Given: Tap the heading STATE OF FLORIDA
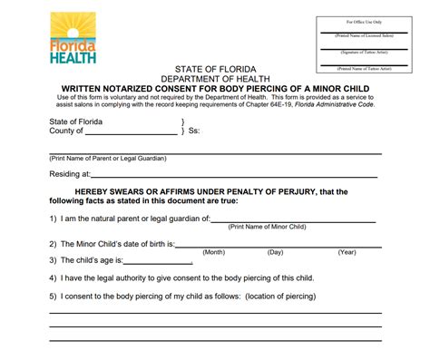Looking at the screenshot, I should tap(214, 69).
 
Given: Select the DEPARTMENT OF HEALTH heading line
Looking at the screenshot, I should tap(214, 78).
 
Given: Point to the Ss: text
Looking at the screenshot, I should tap(194, 131).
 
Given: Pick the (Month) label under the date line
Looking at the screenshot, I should tap(213, 252).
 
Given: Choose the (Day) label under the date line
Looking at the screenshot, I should tap(276, 252).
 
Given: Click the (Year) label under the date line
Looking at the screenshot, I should tap(347, 252).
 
